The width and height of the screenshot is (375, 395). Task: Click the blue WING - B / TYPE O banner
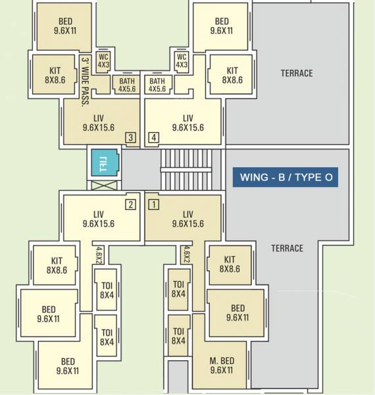[x=286, y=177]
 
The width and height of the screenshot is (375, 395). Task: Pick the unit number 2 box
[x=131, y=204]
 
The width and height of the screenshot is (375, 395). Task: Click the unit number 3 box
[x=131, y=138]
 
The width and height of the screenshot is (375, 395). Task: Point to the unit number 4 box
[x=153, y=138]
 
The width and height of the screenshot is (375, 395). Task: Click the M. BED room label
[x=222, y=365]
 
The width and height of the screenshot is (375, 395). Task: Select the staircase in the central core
[x=186, y=169]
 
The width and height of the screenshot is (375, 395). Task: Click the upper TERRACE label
[x=296, y=73]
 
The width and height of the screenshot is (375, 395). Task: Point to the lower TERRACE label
[x=287, y=248]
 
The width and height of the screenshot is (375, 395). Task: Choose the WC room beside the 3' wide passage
[x=103, y=61]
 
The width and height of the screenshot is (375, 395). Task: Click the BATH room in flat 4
[x=157, y=85]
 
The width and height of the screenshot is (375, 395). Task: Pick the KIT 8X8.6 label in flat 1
[x=230, y=265]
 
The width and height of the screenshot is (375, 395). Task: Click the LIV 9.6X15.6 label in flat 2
[x=99, y=219]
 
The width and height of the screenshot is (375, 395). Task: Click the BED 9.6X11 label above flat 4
[x=222, y=26]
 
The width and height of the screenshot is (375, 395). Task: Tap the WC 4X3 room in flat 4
[x=182, y=61]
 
